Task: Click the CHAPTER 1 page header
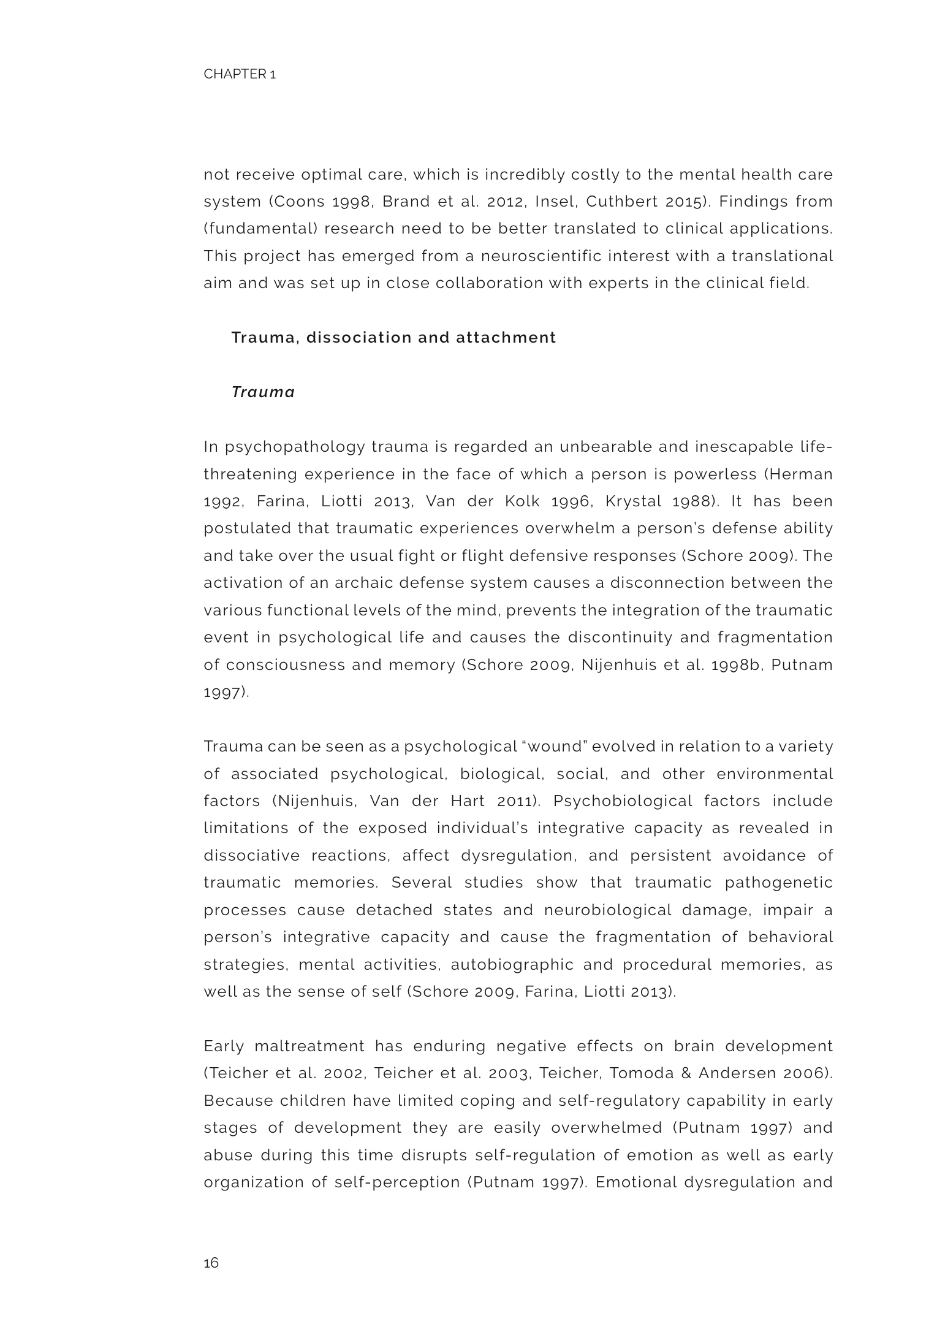click(240, 74)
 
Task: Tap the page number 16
click(211, 1263)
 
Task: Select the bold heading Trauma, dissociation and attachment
click(393, 337)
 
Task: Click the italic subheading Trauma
click(263, 392)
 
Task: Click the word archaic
click(362, 582)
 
